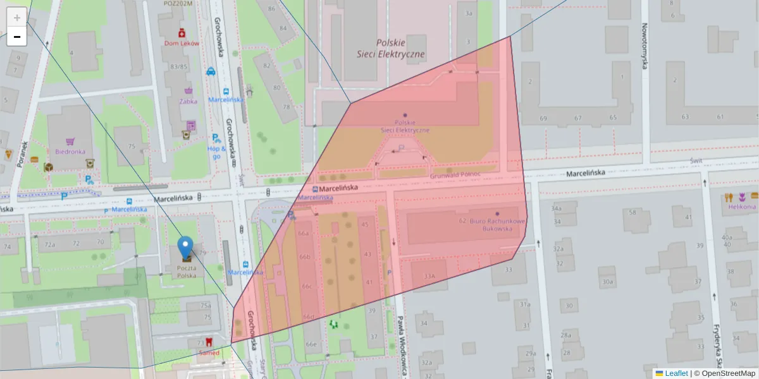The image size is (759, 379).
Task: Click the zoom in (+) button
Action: pos(16,17)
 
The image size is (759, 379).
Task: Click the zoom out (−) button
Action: pos(16,37)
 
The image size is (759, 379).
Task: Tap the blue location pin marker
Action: pos(185,248)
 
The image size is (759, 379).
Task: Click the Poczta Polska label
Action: pos(185,272)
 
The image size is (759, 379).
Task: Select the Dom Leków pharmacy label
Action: pos(182,44)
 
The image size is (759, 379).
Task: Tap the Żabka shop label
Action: pos(188,101)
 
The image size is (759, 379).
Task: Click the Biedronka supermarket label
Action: pos(70,152)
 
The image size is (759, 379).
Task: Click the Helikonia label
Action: pos(741,207)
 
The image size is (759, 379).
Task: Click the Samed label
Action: pos(209,352)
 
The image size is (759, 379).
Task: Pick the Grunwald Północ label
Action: pos(455,174)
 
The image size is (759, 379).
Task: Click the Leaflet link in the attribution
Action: pos(676,373)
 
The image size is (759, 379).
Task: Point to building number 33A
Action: pos(429,276)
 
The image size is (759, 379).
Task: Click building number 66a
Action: pos(304,233)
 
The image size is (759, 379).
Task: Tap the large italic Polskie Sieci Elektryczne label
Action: pos(400,49)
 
